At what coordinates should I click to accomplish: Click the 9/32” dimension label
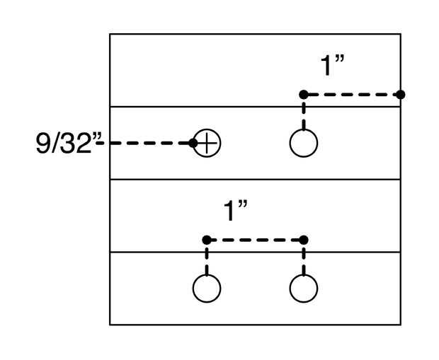(64, 144)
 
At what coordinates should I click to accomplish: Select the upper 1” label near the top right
(332, 66)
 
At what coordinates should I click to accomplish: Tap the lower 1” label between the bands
(235, 211)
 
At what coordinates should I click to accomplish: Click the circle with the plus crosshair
(207, 143)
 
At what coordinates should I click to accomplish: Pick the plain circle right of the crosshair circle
(304, 143)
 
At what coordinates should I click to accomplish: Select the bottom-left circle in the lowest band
(207, 288)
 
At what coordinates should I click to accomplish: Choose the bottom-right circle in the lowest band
(304, 288)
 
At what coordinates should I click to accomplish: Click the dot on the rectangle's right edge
(400, 94)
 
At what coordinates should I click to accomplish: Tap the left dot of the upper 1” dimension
(303, 94)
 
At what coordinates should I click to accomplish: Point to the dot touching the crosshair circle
(193, 143)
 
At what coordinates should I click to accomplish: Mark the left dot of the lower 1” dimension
(207, 240)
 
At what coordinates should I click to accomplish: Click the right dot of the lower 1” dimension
(304, 240)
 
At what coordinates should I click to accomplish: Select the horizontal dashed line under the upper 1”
(352, 94)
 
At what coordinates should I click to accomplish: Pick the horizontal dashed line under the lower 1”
(255, 240)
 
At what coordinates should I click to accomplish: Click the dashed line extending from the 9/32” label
(145, 143)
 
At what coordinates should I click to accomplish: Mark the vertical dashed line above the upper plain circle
(304, 113)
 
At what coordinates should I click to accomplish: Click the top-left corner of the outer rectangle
(110, 34)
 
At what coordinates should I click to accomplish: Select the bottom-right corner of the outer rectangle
(400, 325)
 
